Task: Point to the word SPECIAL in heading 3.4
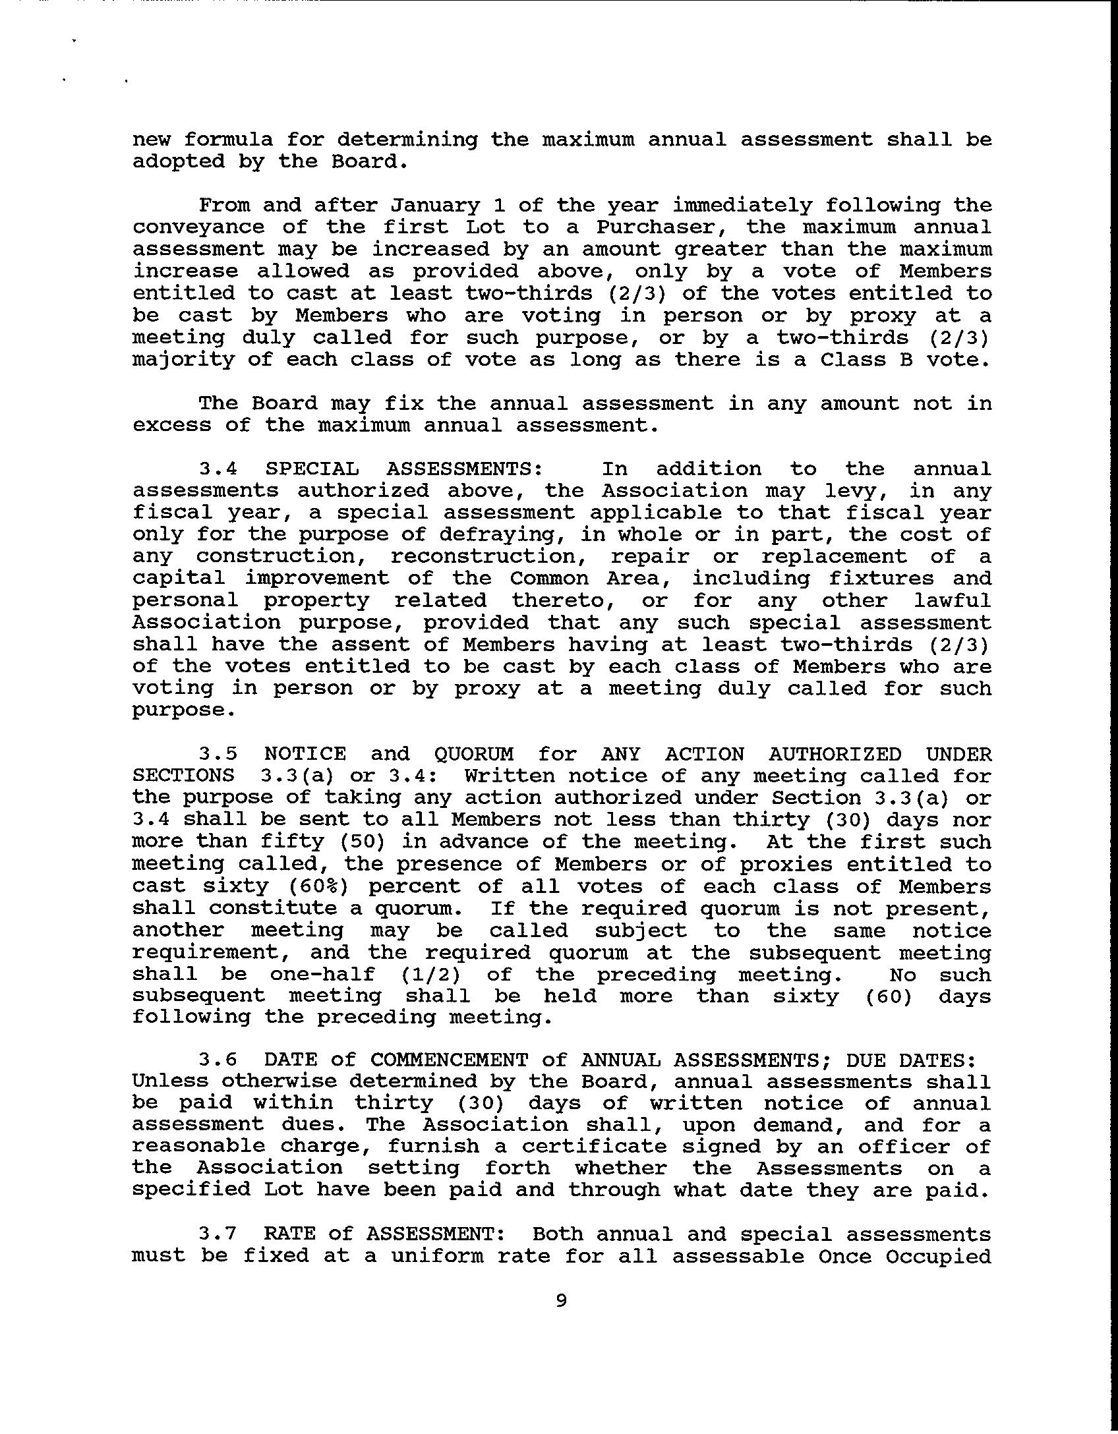(x=312, y=469)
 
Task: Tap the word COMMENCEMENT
(x=449, y=1060)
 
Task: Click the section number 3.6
(x=218, y=1060)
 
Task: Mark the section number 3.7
(x=218, y=1234)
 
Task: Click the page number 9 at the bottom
(x=561, y=1300)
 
